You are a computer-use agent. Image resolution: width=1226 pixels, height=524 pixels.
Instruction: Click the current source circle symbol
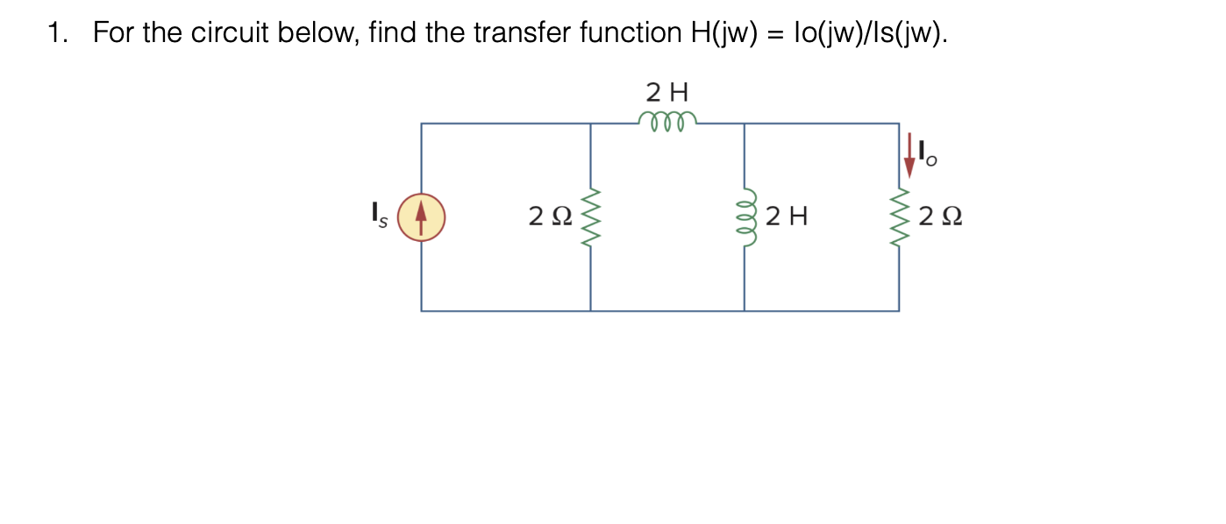click(421, 217)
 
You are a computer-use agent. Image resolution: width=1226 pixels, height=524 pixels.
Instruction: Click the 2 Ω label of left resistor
click(550, 216)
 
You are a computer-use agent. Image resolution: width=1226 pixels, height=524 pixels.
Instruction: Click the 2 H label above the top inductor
click(667, 91)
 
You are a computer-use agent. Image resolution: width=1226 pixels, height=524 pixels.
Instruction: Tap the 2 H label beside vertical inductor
click(786, 216)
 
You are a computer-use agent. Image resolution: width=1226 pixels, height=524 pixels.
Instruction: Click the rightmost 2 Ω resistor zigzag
click(898, 217)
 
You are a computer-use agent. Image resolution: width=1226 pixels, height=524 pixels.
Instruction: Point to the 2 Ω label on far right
click(940, 216)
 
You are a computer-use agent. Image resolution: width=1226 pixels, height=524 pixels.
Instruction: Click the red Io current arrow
click(910, 152)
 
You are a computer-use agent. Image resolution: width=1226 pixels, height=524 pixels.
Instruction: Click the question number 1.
click(57, 34)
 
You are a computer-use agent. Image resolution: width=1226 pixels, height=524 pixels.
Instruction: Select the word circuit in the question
click(232, 34)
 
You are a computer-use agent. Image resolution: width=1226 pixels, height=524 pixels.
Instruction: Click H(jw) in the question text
click(718, 34)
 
